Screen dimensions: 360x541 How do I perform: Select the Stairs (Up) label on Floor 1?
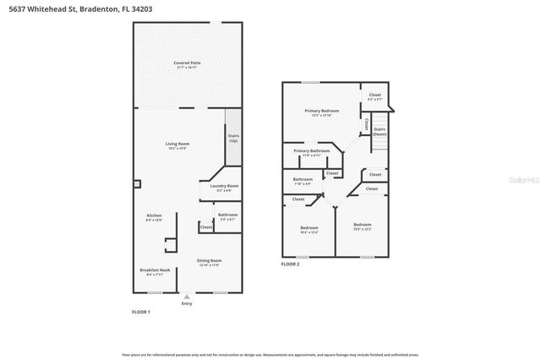(x=233, y=138)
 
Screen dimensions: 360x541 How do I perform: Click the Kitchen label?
(x=154, y=217)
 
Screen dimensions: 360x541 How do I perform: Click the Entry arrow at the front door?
(x=187, y=297)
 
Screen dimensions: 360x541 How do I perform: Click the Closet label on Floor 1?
(x=206, y=226)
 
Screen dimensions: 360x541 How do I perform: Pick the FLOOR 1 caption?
(x=141, y=313)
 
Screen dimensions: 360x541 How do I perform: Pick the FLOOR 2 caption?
(x=291, y=265)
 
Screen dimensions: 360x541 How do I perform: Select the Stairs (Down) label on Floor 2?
(x=380, y=132)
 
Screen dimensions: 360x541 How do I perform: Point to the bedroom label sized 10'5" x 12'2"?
(x=362, y=226)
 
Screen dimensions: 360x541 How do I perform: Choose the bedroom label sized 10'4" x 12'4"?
(x=309, y=229)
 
